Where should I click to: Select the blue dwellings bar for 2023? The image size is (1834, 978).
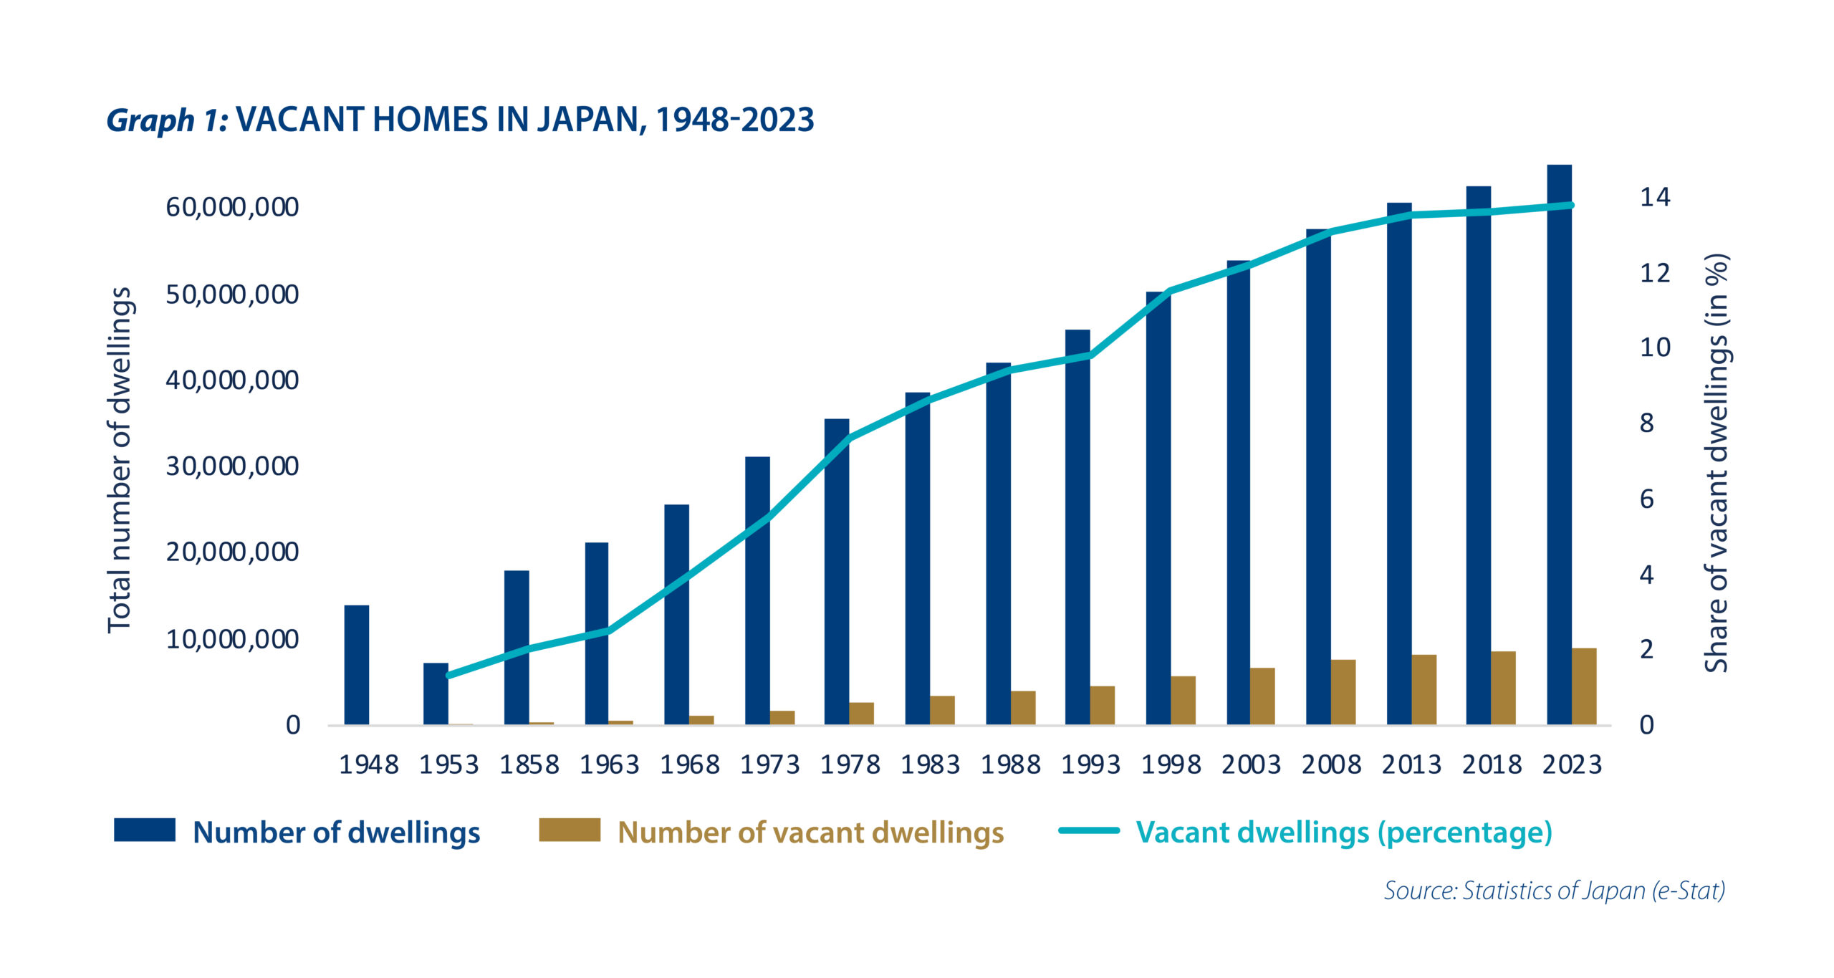1559,444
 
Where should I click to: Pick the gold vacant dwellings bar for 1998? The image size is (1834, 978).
1183,700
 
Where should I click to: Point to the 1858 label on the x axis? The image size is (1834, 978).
529,765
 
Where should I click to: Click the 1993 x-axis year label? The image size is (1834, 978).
1090,765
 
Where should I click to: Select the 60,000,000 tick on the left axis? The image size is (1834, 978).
232,207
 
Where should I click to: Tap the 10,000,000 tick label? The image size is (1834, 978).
232,639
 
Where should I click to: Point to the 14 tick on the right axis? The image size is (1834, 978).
1655,197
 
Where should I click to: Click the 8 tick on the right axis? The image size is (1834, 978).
1647,423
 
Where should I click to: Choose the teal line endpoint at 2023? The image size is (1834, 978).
1571,206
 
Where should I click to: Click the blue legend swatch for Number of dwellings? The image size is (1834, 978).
145,830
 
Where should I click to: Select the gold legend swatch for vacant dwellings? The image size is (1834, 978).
570,830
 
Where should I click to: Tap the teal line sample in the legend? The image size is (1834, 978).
1089,830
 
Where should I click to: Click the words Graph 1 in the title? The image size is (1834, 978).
167,120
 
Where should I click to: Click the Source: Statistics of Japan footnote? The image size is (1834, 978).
1554,891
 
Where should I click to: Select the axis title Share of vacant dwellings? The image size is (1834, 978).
1717,463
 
